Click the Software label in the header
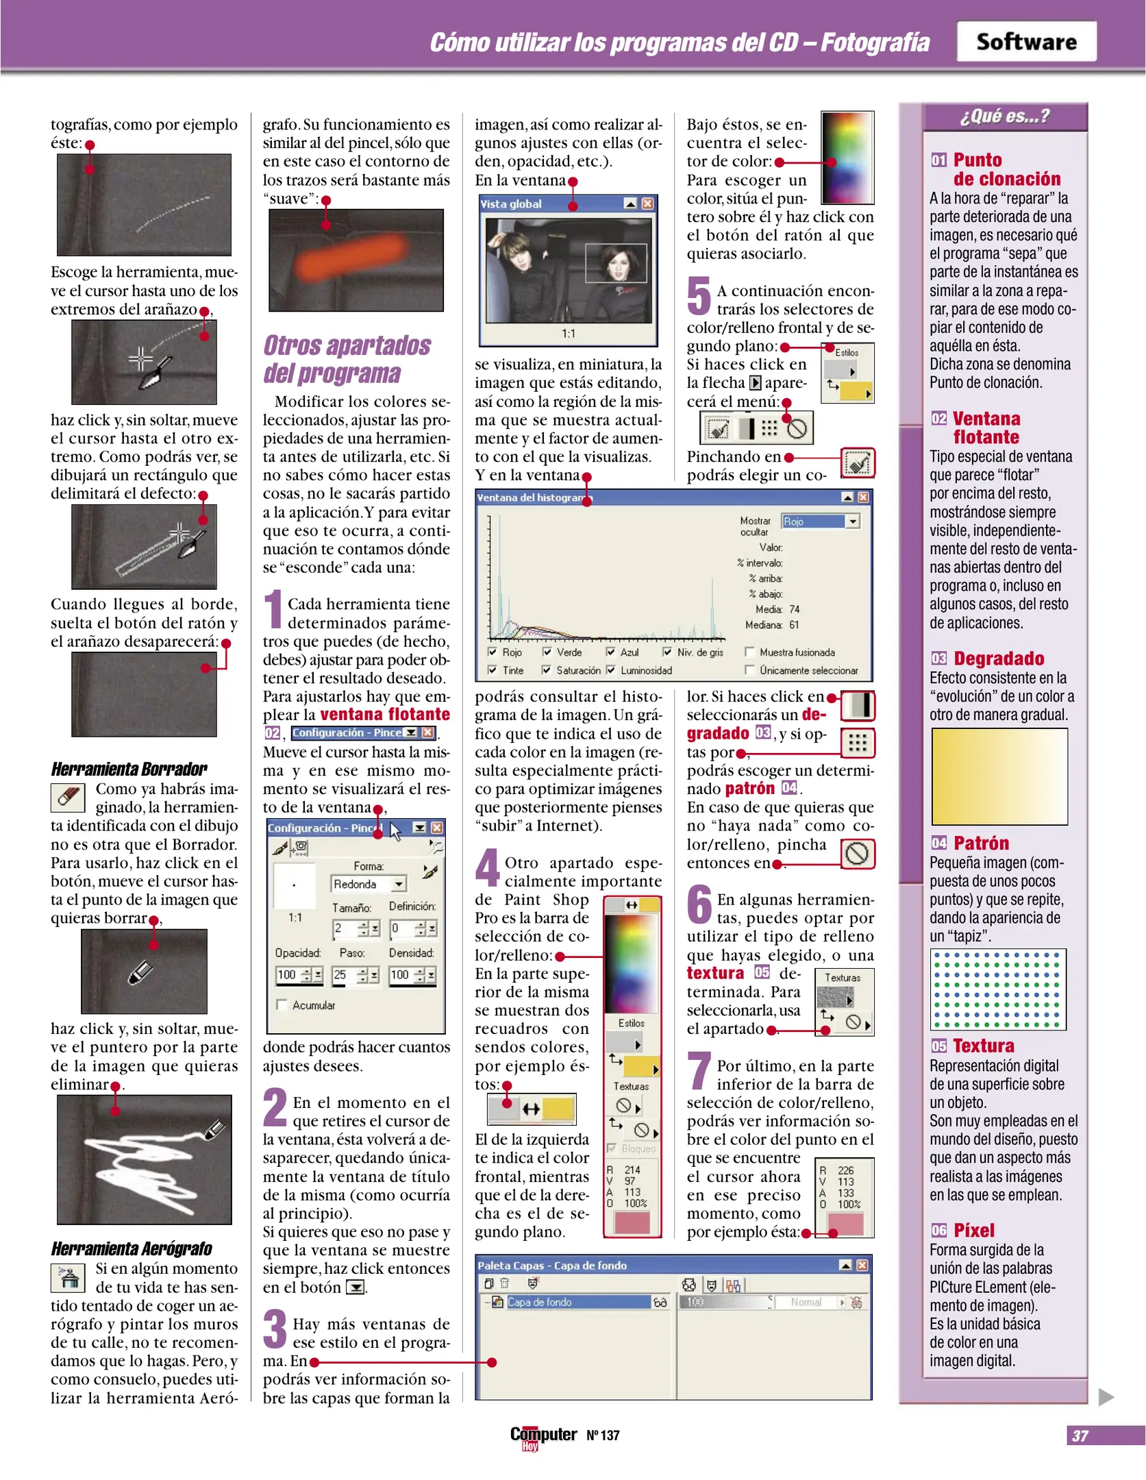[x=1025, y=42]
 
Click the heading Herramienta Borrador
[x=129, y=769]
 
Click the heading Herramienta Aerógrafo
[x=131, y=1248]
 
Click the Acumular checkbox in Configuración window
[x=282, y=1004]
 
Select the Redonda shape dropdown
[x=368, y=884]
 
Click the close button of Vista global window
[x=647, y=203]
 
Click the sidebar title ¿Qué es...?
[x=1004, y=116]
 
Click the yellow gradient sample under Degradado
[x=999, y=776]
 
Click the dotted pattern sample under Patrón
[x=997, y=989]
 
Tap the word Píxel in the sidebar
[x=973, y=1230]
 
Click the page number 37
[x=1080, y=1435]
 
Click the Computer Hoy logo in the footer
[x=543, y=1436]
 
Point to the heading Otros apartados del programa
[x=347, y=359]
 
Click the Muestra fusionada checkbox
[x=750, y=652]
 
